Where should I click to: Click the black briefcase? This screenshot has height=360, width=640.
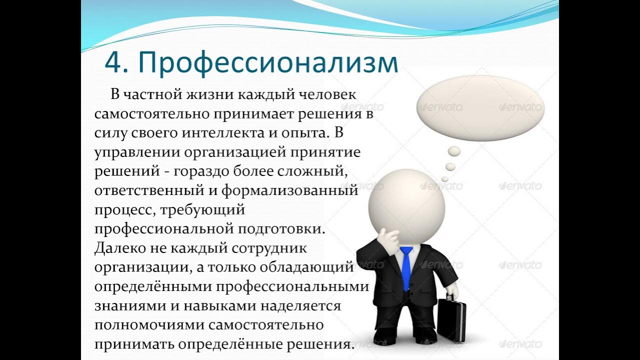click(x=452, y=320)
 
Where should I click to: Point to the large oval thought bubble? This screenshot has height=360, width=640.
click(x=480, y=107)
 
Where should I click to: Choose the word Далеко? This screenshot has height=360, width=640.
click(x=119, y=248)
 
